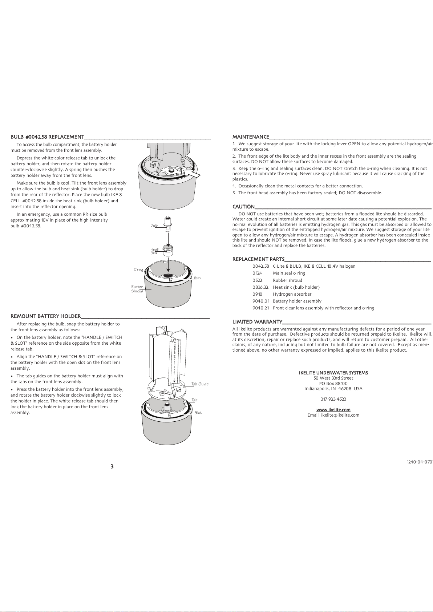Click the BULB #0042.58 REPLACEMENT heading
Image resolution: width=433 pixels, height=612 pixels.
tap(48, 137)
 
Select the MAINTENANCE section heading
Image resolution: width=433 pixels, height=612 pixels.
tap(251, 137)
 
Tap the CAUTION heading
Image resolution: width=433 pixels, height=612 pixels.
tap(243, 207)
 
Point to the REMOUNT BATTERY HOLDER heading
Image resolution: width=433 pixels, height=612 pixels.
tap(46, 316)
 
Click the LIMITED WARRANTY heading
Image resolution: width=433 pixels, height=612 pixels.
tap(257, 322)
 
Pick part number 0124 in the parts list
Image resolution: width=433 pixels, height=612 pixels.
tap(257, 273)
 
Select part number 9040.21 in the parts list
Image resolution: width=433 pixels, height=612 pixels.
tap(261, 308)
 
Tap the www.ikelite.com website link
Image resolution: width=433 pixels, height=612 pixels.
tap(333, 410)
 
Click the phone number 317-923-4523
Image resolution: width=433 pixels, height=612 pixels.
tap(333, 399)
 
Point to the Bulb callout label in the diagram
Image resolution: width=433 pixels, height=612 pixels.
tap(154, 226)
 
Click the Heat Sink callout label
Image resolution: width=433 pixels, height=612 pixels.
tap(154, 251)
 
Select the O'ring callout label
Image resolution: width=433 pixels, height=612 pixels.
tap(138, 270)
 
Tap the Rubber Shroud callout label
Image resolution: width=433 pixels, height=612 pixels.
tap(137, 289)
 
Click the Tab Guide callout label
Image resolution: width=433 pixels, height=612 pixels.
tap(200, 384)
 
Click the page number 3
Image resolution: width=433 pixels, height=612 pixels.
tap(112, 466)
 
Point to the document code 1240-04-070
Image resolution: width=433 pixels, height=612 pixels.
tap(419, 462)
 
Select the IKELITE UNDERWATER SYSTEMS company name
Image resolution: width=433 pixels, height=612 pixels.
tap(333, 373)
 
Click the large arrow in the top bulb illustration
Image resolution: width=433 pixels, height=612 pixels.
tap(191, 173)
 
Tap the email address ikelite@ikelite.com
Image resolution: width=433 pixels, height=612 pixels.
tap(340, 415)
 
